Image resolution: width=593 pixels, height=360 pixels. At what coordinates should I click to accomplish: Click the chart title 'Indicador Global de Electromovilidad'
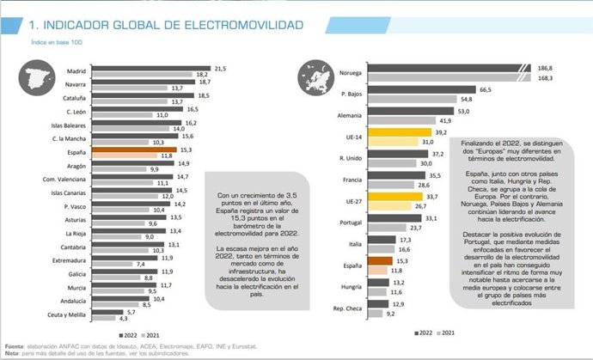click(163, 25)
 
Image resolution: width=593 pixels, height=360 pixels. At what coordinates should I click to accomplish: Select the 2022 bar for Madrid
click(151, 68)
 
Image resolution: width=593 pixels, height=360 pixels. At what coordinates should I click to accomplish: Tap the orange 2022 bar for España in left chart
click(133, 149)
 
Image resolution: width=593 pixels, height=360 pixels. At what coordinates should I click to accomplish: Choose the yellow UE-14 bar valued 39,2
click(367, 131)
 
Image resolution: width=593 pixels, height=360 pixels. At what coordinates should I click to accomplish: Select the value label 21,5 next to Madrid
click(219, 68)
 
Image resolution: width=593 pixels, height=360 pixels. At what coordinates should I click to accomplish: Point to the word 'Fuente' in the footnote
click(13, 345)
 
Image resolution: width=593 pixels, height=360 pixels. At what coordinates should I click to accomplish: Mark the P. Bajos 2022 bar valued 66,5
click(386, 88)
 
